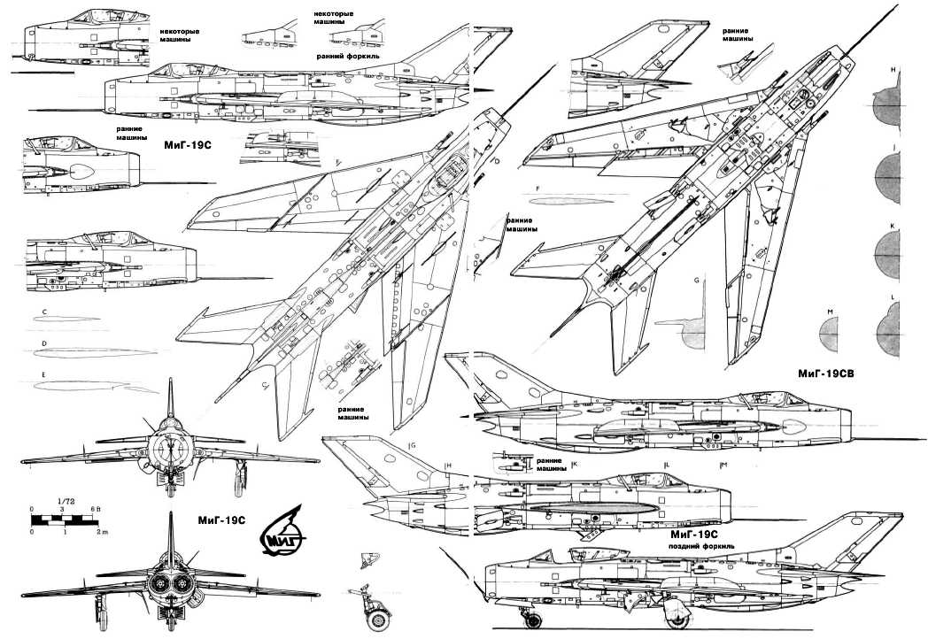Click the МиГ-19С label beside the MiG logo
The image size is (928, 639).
click(x=215, y=521)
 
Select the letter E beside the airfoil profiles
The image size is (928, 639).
click(x=43, y=375)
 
